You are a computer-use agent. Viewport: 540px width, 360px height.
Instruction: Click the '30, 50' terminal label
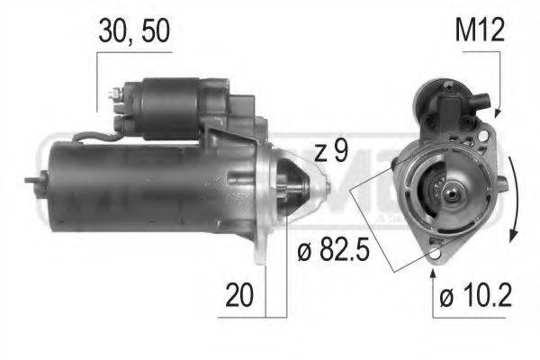tap(133, 33)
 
